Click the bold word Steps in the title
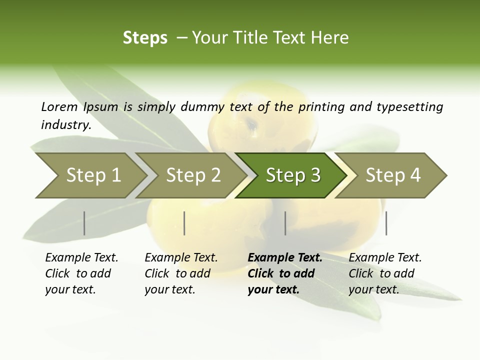(145, 38)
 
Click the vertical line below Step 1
(84, 223)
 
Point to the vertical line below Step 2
(184, 223)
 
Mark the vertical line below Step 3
(285, 223)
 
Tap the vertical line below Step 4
(386, 223)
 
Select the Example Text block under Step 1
(81, 273)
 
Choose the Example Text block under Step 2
(181, 273)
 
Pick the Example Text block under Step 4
(385, 273)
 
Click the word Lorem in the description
(59, 106)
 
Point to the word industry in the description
(65, 125)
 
